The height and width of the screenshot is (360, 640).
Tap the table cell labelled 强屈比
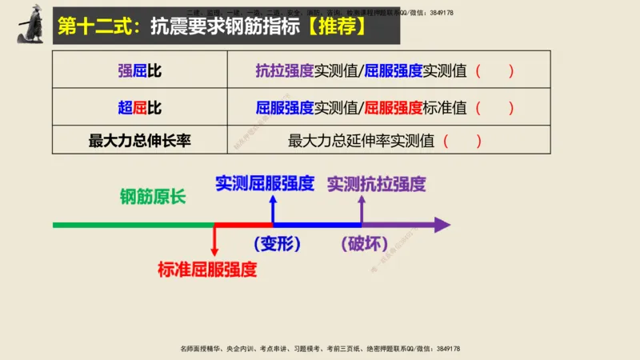tap(139, 70)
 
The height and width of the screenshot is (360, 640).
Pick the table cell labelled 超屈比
tap(139, 107)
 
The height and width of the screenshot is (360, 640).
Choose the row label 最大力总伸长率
tap(139, 141)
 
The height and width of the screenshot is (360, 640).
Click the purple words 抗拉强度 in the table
tap(284, 70)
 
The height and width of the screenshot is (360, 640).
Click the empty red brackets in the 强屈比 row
tap(494, 70)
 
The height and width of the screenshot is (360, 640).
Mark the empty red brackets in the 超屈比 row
tap(494, 107)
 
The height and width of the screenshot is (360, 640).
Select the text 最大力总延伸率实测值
tap(361, 141)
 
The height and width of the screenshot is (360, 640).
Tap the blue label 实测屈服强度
tap(265, 182)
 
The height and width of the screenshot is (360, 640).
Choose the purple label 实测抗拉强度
tap(377, 183)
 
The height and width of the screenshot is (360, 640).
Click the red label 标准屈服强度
tap(207, 269)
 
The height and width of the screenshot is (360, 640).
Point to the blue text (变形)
tap(275, 244)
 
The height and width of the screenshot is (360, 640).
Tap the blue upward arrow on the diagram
tap(273, 210)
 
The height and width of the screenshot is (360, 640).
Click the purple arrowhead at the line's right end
tap(441, 225)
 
